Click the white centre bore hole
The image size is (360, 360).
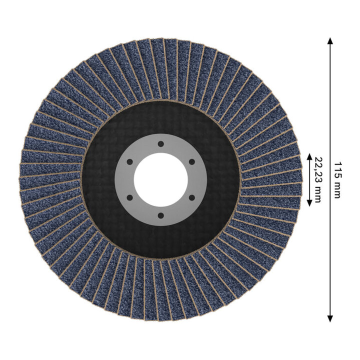160,180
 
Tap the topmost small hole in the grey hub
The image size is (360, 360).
160,144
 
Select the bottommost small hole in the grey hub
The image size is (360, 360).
160,215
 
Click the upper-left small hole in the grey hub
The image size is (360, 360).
129,162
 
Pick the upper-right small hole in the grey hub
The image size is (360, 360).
191,162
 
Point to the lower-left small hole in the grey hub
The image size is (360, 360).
129,197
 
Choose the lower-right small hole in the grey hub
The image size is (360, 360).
191,197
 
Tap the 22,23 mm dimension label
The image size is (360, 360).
317,180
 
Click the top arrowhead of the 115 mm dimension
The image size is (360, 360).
330,41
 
